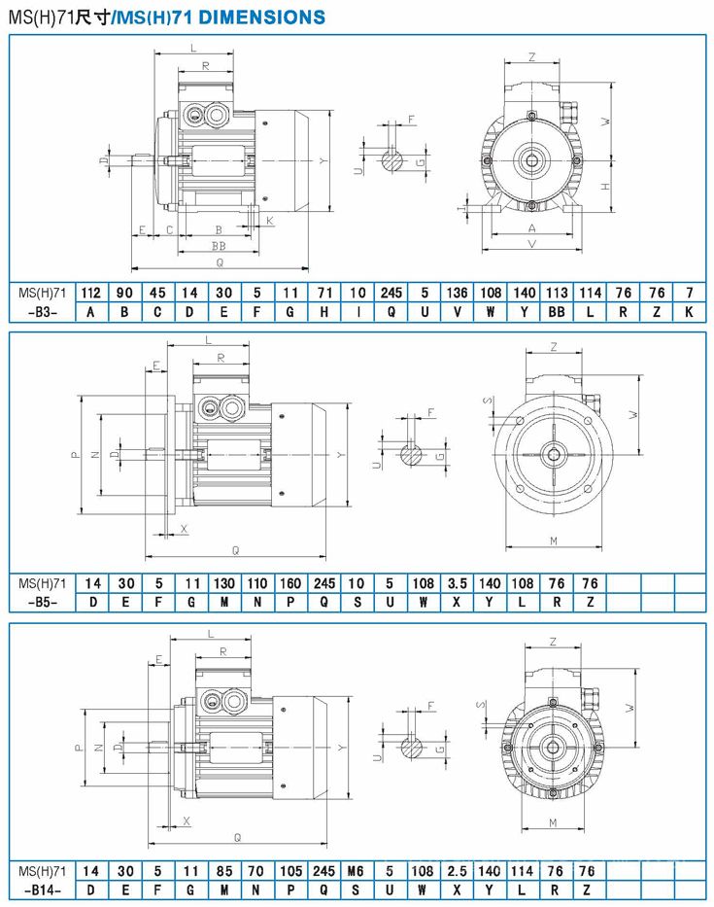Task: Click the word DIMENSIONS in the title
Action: (262, 17)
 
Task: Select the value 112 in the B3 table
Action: (90, 293)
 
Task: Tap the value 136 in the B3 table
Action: (458, 293)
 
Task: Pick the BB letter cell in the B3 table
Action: (557, 312)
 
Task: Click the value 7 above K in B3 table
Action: (689, 293)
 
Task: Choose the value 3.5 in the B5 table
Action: (457, 583)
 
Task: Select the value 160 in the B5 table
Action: (290, 583)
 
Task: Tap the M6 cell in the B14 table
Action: (356, 871)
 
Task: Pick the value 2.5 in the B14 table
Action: (457, 871)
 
